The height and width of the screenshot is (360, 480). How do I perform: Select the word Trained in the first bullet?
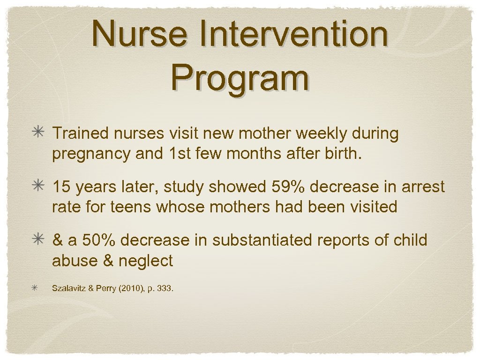[x=79, y=134]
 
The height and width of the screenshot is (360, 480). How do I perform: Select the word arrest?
[x=420, y=187]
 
